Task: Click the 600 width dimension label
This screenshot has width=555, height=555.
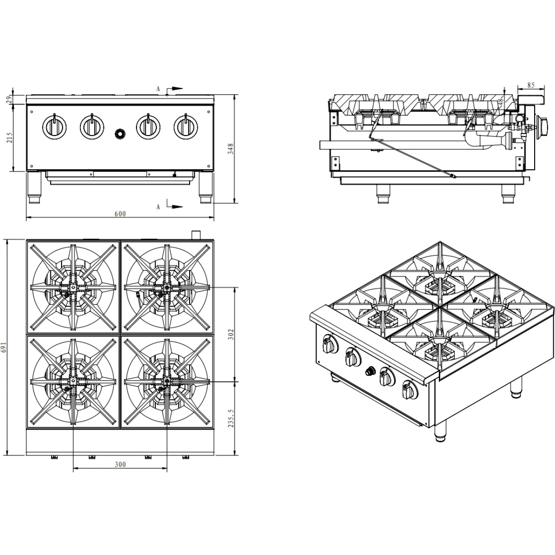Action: click(120, 213)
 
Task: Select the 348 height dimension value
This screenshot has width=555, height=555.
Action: click(231, 148)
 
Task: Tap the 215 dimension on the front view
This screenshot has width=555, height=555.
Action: click(9, 137)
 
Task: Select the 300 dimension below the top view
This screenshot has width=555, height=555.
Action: click(120, 464)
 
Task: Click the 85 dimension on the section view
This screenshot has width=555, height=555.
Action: click(530, 85)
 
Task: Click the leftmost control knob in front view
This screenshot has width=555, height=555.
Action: click(54, 126)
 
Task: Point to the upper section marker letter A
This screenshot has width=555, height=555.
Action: click(158, 88)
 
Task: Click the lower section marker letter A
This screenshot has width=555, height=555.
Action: click(158, 207)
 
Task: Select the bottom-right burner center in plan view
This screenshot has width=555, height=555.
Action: click(166, 382)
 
